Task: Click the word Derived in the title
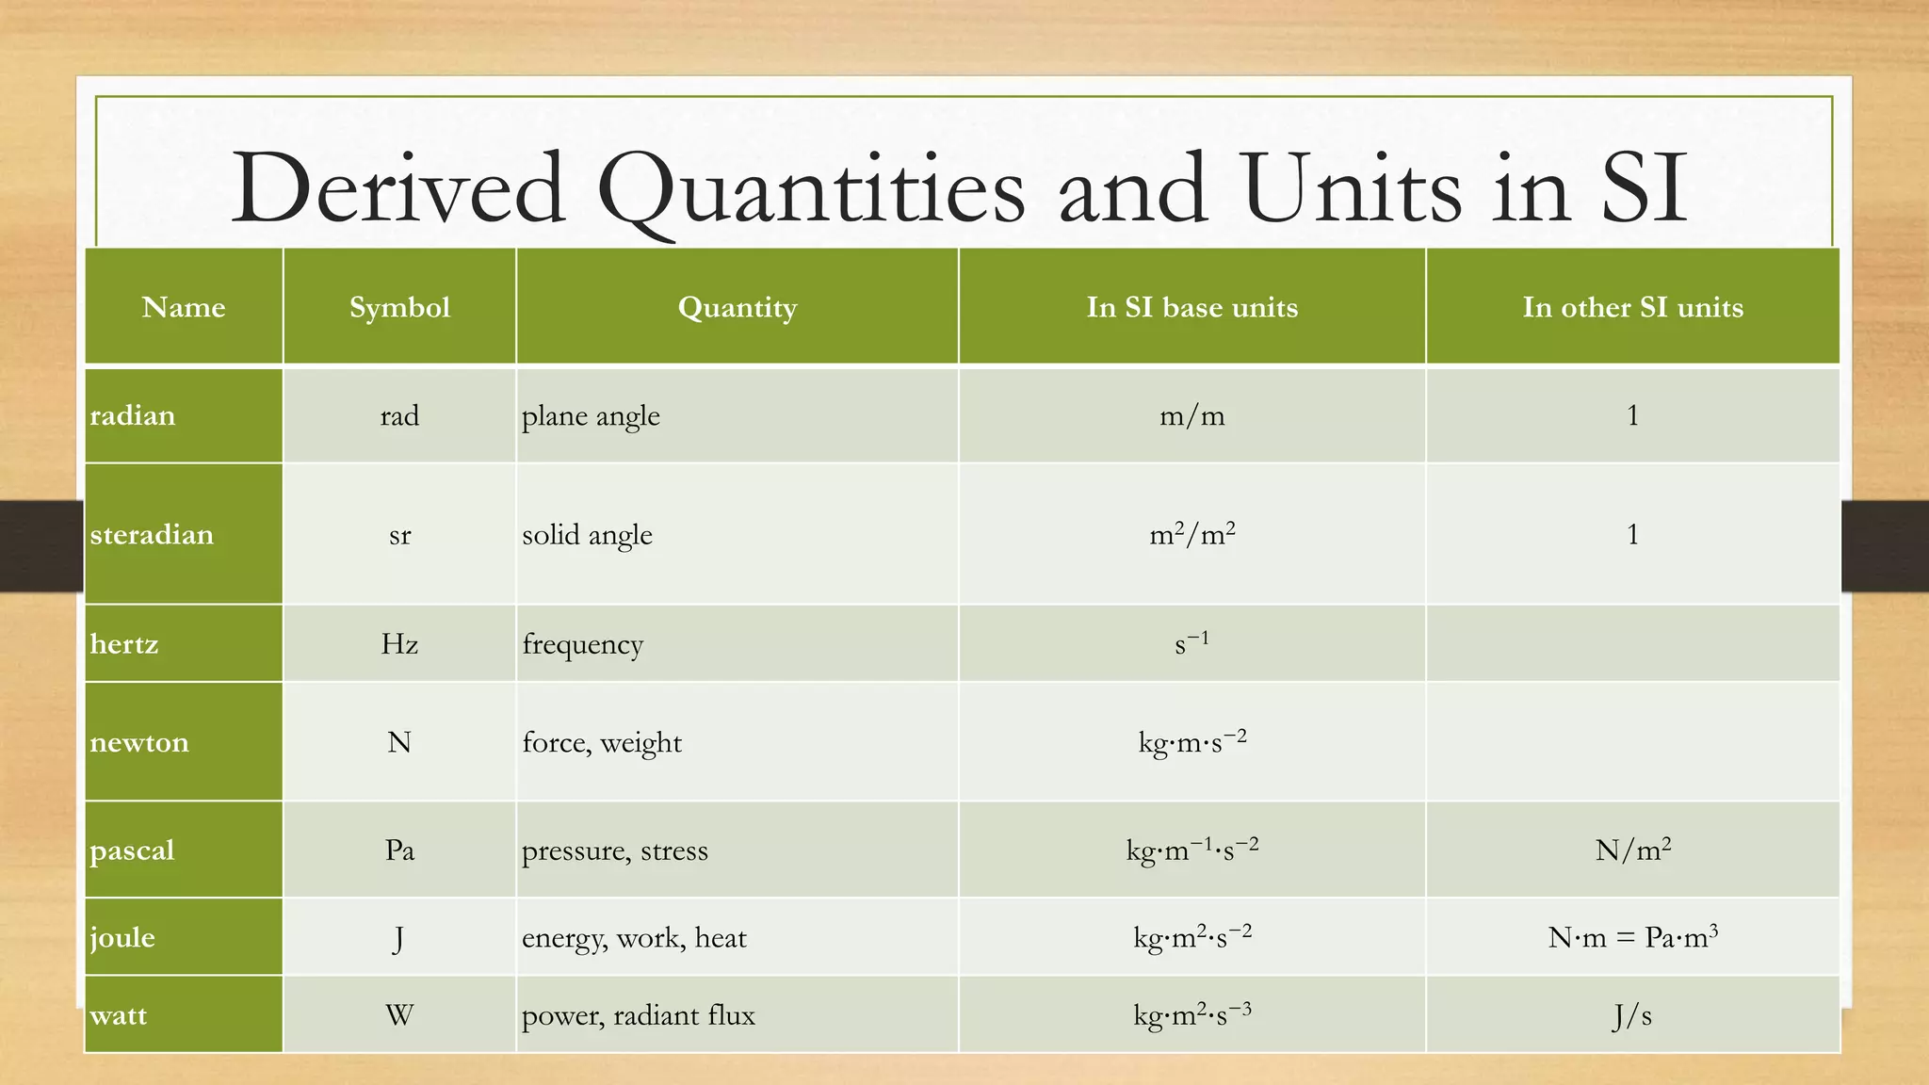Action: pos(398,188)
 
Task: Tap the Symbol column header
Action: pos(399,307)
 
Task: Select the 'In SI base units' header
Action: pos(1191,307)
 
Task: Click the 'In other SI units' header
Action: pos(1632,307)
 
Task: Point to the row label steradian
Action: pos(152,534)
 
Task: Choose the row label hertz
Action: pos(124,644)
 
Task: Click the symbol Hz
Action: pos(399,644)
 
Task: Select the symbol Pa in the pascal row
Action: pos(399,850)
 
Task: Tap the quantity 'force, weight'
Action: pos(602,742)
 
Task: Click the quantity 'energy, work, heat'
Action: pos(634,937)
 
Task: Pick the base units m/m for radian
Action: pos(1191,415)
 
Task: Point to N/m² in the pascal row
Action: pos(1632,850)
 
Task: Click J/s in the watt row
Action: pos(1632,1015)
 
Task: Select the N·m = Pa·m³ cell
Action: pos(1632,937)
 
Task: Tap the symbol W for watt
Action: pos(399,1015)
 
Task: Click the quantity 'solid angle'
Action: pos(587,534)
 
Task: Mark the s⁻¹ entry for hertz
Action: pos(1191,644)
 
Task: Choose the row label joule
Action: pos(122,937)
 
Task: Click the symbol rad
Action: pos(399,415)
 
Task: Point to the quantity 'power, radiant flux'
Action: pos(639,1015)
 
